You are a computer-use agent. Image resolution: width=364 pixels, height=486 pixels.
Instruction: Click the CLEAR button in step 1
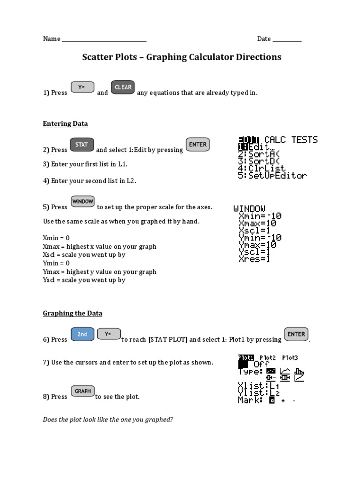[x=123, y=88]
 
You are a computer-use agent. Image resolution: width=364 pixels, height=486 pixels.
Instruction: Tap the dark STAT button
[x=82, y=145]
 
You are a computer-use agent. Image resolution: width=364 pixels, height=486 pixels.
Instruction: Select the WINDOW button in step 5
[x=83, y=202]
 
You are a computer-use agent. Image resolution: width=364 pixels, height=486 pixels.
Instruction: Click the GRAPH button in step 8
[x=82, y=392]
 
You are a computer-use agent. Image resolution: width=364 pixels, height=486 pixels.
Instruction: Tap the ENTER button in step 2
[x=198, y=145]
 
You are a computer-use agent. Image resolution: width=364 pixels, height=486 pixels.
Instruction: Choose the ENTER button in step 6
[x=296, y=334]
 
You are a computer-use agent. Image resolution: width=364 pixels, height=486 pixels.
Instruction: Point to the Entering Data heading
[x=65, y=123]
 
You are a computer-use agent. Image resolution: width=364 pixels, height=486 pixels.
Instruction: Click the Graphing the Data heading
[x=73, y=313]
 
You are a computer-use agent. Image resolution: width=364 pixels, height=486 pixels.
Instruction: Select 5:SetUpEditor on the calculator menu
[x=272, y=176]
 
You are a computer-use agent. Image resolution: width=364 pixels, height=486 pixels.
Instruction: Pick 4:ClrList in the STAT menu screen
[x=262, y=168]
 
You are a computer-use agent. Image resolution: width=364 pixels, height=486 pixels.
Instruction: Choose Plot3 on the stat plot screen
[x=290, y=358]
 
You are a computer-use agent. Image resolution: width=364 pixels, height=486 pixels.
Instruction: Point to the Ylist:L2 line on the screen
[x=259, y=393]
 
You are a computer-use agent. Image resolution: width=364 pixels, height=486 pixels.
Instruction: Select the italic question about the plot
[x=108, y=420]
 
